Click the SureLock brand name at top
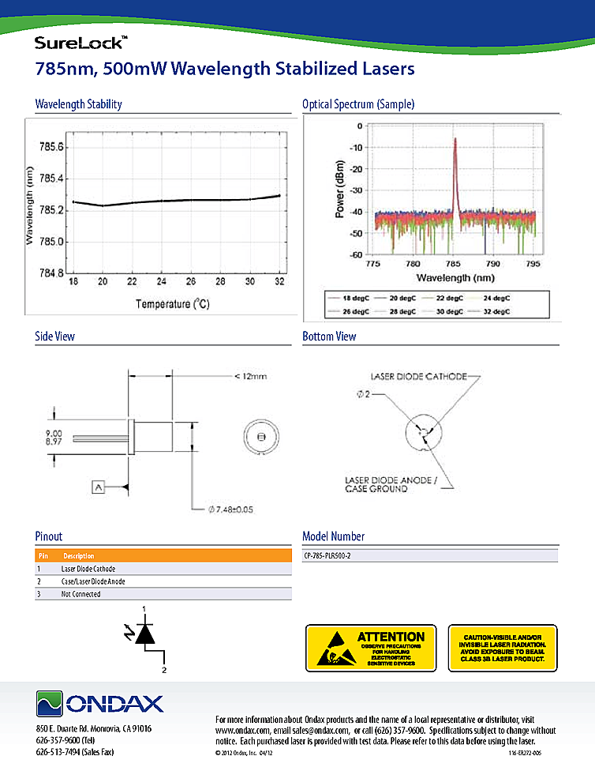click(77, 43)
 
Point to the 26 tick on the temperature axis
click(190, 282)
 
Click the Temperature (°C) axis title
click(174, 303)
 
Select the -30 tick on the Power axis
click(355, 190)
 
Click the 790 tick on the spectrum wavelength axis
click(492, 262)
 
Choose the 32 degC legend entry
click(495, 311)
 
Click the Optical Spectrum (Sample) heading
click(358, 104)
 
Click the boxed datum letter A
click(99, 487)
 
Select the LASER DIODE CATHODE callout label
click(418, 376)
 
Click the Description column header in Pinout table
click(79, 556)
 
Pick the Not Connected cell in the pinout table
click(81, 594)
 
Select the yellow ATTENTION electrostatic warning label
click(370, 648)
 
